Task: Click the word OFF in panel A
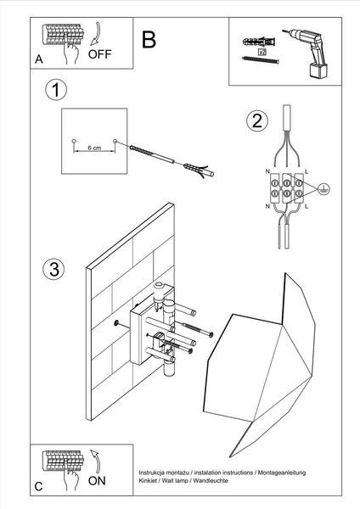100,54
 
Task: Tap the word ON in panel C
98,480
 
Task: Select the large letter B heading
149,40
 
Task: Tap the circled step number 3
52,269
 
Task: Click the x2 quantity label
262,53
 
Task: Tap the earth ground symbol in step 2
324,191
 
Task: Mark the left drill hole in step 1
74,139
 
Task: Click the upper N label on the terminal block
268,171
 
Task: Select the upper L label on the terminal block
306,171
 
